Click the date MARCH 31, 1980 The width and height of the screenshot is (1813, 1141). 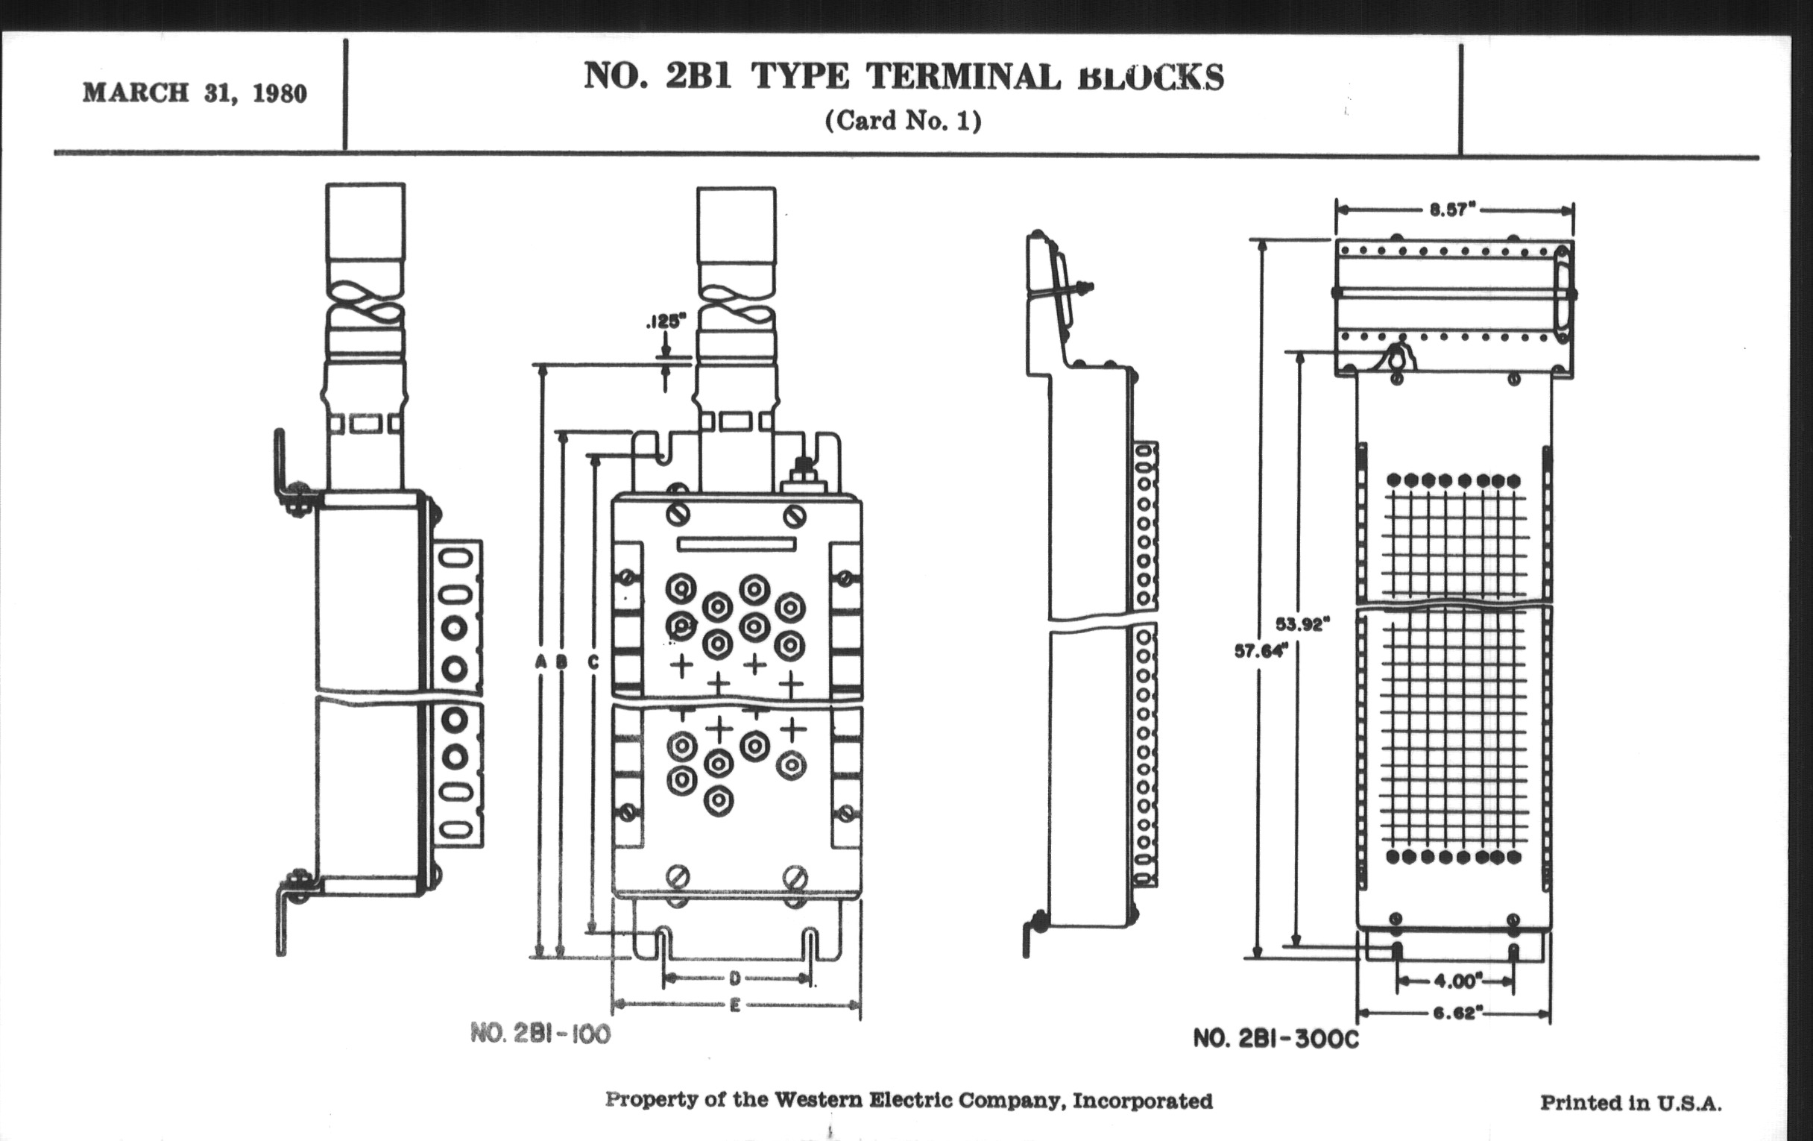coord(195,93)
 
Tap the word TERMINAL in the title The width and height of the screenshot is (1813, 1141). coord(963,77)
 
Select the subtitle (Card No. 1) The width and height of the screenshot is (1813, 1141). coord(903,122)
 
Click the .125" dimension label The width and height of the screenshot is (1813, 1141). coord(666,321)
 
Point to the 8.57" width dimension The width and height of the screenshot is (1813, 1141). coord(1452,210)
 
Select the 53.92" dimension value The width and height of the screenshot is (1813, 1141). coord(1302,624)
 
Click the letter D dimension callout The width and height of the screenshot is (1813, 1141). coord(735,978)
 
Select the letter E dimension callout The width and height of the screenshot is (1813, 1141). coord(735,1005)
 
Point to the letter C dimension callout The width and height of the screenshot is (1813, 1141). coord(593,662)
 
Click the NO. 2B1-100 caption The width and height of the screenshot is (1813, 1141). coord(540,1034)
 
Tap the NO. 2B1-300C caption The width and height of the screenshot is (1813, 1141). coord(1276,1039)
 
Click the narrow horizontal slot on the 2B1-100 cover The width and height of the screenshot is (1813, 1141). coord(737,544)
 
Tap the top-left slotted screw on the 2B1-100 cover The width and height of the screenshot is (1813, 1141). coord(678,515)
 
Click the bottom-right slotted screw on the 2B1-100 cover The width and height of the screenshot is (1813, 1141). coord(795,878)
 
